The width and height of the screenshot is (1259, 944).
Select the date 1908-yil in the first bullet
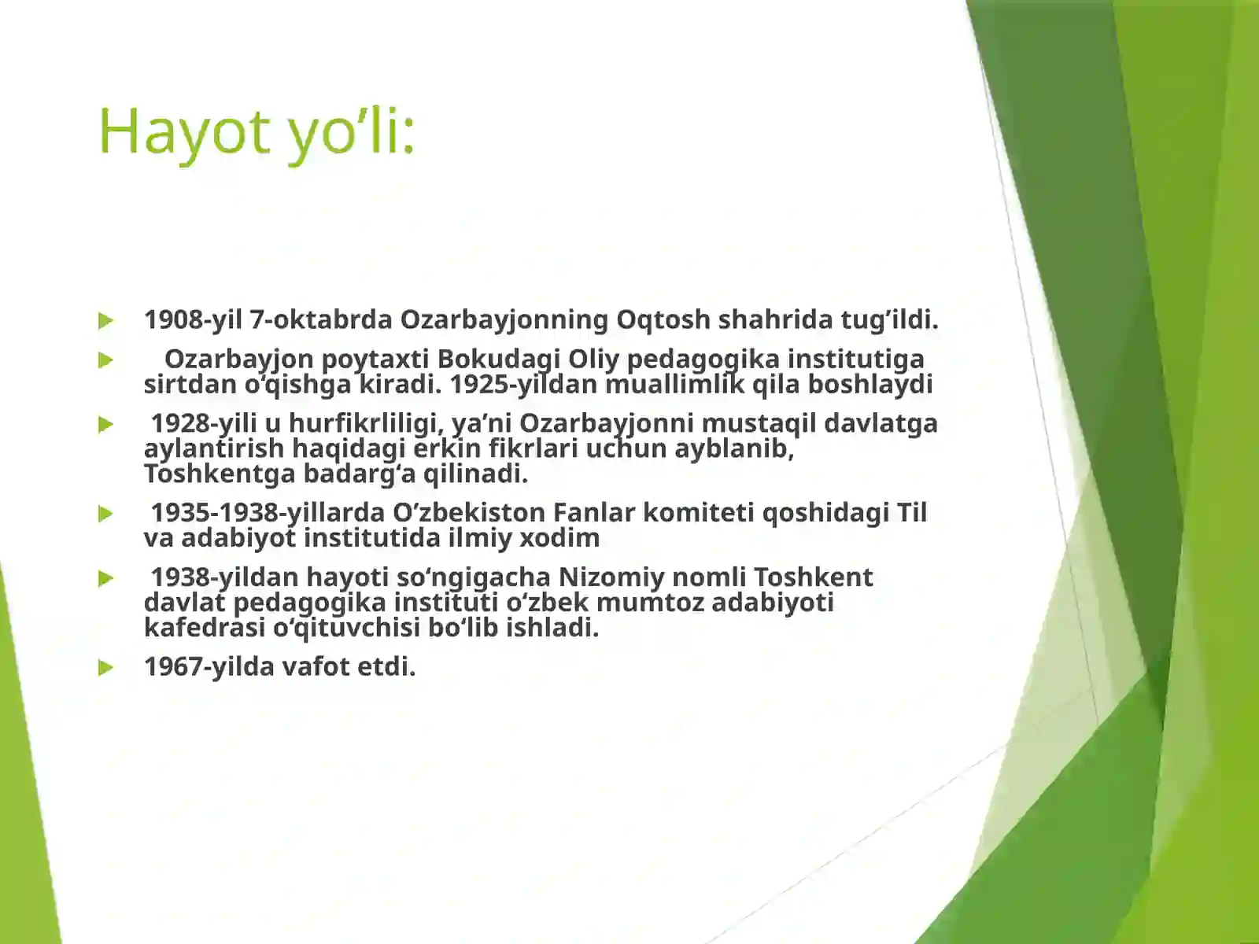(193, 320)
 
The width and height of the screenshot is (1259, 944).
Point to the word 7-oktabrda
(321, 320)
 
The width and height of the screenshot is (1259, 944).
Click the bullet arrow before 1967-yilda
(106, 668)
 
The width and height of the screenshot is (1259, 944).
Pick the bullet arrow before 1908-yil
(106, 321)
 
